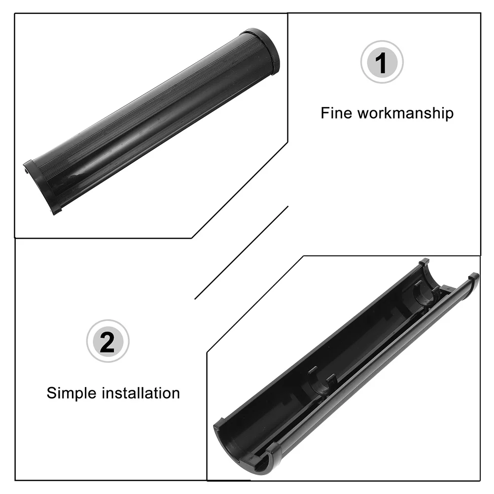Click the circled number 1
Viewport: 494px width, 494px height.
[x=382, y=62]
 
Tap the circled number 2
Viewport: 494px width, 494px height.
[x=107, y=341]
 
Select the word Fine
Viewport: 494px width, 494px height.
[x=337, y=113]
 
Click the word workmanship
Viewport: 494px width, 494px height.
[x=405, y=113]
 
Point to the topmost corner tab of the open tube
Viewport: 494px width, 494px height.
[x=423, y=262]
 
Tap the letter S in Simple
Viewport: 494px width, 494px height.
[x=52, y=393]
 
